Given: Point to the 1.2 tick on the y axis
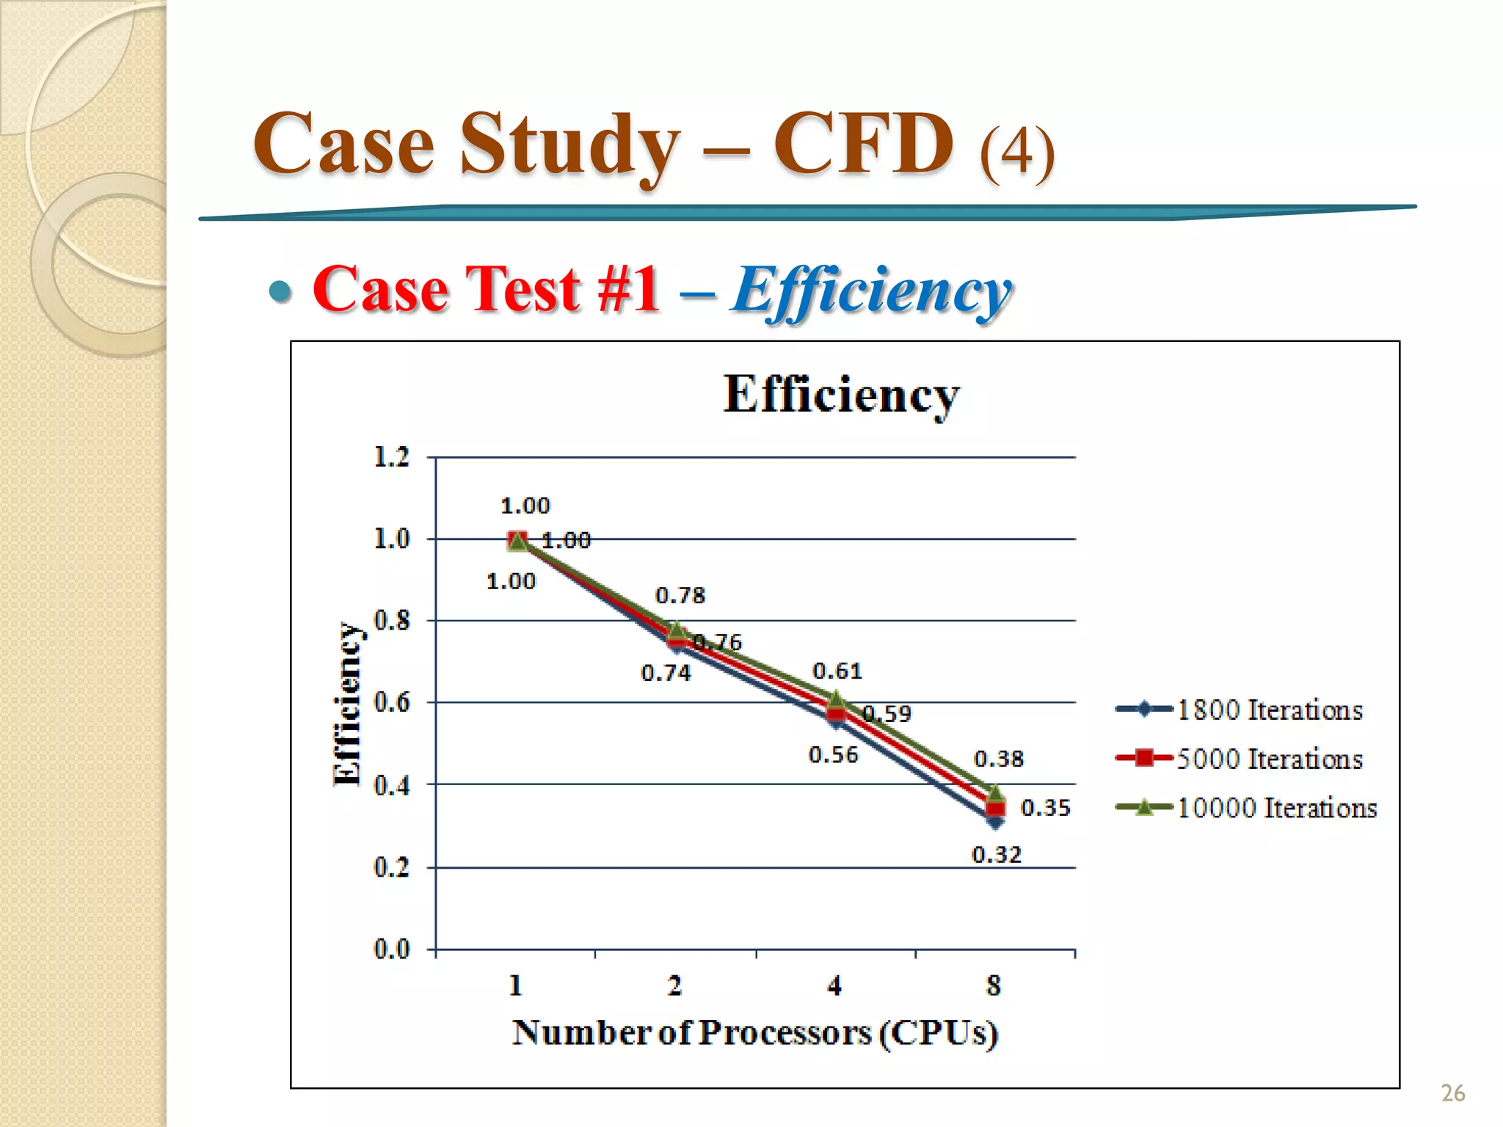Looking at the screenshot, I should tap(392, 457).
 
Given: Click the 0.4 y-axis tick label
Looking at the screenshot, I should tap(392, 786).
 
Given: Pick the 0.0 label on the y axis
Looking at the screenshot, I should tap(392, 949).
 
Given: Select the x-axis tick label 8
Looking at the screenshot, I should tap(994, 985).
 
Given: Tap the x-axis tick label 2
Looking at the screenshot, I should tap(674, 985).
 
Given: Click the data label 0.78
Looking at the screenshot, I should tap(680, 595).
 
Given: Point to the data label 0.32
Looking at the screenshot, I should tap(997, 855).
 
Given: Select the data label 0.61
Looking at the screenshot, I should tap(837, 671).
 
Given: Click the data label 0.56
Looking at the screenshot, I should tap(833, 755).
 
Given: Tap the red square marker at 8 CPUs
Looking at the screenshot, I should tap(995, 809).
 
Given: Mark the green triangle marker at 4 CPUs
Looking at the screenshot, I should tap(835, 699).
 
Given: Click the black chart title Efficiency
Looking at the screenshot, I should tap(841, 395).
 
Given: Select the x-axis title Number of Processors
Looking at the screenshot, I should tap(755, 1033).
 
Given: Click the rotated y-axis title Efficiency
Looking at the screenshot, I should tap(346, 704).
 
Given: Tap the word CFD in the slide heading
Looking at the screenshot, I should tap(864, 144).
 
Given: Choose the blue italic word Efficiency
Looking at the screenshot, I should tap(871, 292).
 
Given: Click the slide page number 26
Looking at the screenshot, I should tap(1452, 1093).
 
